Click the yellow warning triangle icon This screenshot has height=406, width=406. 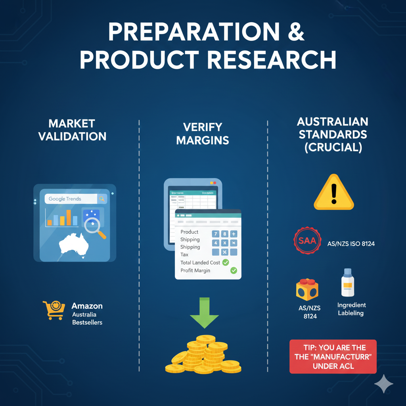click(x=333, y=193)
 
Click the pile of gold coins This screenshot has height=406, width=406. click(x=203, y=355)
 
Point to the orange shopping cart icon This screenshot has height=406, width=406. click(x=54, y=310)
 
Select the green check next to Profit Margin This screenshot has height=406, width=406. click(x=234, y=270)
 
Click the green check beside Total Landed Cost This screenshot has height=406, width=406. click(x=226, y=262)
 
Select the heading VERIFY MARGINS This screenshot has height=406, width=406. click(x=203, y=133)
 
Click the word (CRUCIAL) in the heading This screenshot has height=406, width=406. click(x=333, y=147)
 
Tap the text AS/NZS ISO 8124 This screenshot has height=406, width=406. click(x=351, y=244)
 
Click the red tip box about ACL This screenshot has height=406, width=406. click(x=333, y=356)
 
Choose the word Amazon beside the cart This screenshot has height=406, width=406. click(x=87, y=306)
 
